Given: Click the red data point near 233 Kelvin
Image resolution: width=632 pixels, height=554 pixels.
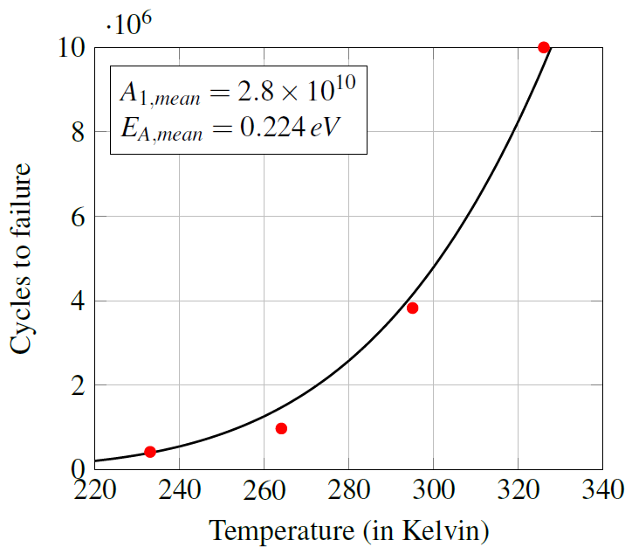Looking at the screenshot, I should tap(149, 452).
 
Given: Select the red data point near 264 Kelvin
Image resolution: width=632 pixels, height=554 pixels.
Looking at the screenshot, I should tap(281, 428).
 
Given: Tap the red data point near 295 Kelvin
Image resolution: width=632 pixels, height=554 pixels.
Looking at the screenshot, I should tap(412, 308).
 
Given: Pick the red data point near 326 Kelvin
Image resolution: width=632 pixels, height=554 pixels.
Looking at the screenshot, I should tap(544, 47).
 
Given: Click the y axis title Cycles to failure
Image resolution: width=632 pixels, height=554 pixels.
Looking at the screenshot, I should tap(22, 258).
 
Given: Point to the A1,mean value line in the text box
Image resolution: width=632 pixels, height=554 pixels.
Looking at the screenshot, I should tap(237, 91).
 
